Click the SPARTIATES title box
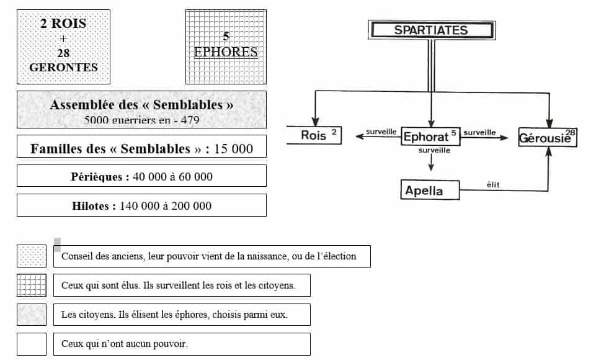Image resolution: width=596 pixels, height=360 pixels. (432, 30)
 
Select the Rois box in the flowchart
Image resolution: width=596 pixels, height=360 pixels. (314, 135)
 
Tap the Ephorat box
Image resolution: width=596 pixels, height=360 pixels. (430, 136)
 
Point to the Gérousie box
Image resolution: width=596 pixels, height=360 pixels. (548, 137)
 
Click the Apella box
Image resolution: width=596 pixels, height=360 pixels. (430, 190)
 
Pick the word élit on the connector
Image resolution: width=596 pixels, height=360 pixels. (493, 184)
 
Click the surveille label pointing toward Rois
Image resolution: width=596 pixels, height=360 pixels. (381, 132)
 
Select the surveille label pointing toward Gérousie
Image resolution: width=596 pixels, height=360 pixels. (479, 132)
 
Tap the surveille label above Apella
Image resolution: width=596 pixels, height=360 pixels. (434, 150)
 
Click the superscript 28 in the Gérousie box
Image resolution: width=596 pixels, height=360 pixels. (570, 132)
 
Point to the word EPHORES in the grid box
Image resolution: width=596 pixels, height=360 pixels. (226, 52)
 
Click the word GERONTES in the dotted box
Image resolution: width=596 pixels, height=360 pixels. (63, 68)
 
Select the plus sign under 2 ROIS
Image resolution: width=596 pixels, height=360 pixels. (63, 38)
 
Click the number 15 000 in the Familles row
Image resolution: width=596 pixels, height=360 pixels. (233, 149)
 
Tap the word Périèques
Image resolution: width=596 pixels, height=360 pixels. (97, 176)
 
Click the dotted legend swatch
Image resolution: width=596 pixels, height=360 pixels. (32, 256)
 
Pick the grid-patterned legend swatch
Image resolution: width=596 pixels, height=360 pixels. (32, 285)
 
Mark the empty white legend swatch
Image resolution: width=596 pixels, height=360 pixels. (32, 344)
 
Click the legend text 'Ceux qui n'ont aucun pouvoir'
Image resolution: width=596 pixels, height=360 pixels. (124, 344)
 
